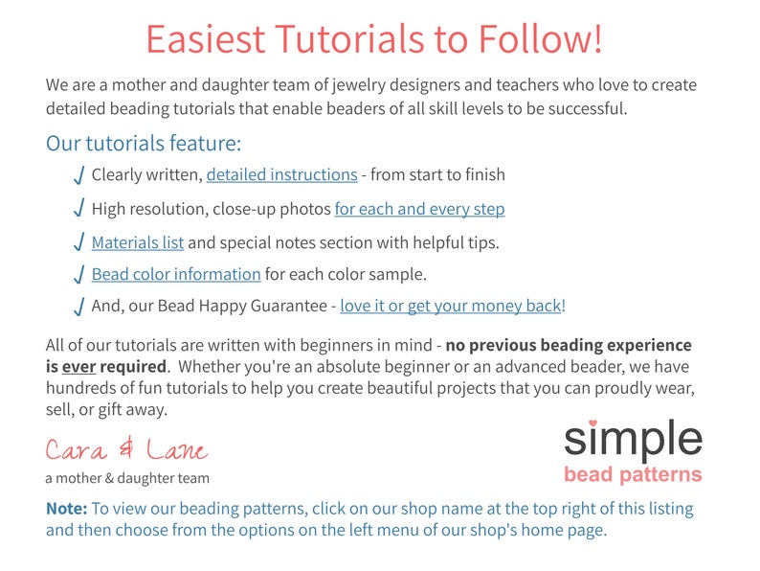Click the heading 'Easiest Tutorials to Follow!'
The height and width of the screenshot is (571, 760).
coord(374,39)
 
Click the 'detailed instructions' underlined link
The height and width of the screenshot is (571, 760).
coord(281,175)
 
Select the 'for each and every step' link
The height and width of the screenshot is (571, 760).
coord(419,209)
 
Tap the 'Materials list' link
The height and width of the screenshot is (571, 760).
coord(137,242)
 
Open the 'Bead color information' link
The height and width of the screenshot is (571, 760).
coord(176,275)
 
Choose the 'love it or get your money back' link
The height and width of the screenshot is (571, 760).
coord(450,307)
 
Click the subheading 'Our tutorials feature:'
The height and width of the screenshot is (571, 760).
coord(144,145)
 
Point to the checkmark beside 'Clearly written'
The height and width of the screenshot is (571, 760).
coord(78,176)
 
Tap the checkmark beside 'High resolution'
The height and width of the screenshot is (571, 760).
coord(78,210)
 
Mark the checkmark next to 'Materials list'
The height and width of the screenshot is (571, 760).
coord(78,243)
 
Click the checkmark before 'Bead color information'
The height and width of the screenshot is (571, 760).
coord(78,276)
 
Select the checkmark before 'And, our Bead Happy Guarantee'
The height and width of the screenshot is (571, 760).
coord(78,308)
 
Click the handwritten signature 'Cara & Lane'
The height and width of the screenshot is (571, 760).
coord(125,450)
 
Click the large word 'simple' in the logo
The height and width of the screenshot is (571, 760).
coord(633,440)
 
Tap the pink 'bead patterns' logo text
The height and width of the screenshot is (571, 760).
coord(633,475)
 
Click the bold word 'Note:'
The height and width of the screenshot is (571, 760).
coord(67,509)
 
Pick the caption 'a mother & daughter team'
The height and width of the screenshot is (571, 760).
coord(127,478)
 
